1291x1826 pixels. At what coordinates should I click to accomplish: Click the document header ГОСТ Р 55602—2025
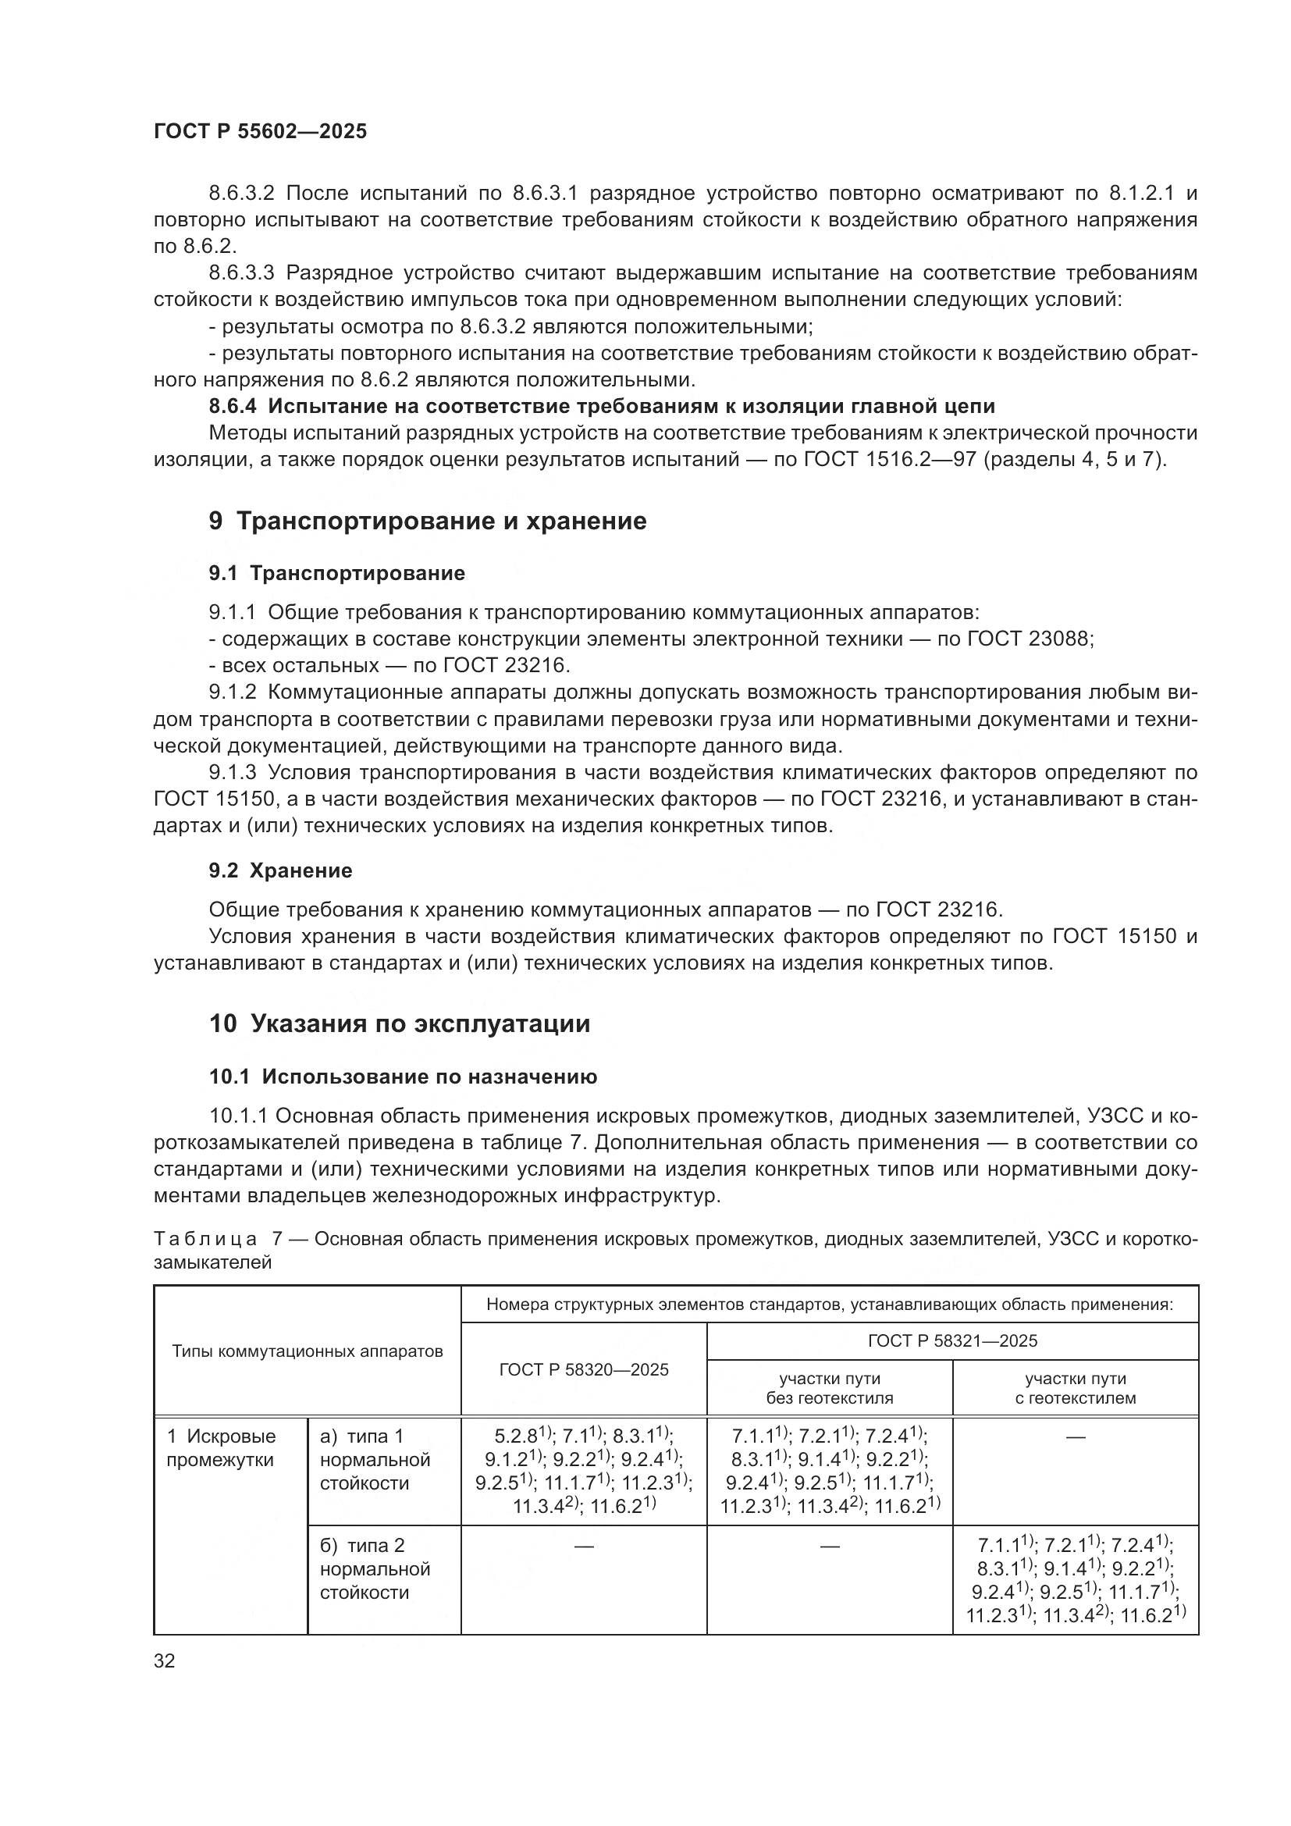260,131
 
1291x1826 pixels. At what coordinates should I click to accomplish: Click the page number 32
165,1660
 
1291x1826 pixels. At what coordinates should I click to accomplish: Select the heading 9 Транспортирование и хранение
428,521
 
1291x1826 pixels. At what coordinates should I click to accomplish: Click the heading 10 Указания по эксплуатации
400,1023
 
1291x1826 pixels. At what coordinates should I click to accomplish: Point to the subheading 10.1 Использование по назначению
403,1077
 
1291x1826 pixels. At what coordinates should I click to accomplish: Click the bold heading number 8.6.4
233,407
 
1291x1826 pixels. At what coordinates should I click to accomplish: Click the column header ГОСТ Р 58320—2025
584,1369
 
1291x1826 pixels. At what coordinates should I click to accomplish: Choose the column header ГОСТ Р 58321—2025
952,1341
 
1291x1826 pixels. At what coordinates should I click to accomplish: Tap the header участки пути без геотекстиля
829,1388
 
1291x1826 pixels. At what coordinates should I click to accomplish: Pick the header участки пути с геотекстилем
1075,1388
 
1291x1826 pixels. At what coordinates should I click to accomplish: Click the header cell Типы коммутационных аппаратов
308,1351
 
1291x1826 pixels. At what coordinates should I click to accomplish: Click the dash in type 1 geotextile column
1075,1437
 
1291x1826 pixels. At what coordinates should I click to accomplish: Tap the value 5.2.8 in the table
516,1437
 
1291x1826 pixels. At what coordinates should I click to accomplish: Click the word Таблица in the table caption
205,1239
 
